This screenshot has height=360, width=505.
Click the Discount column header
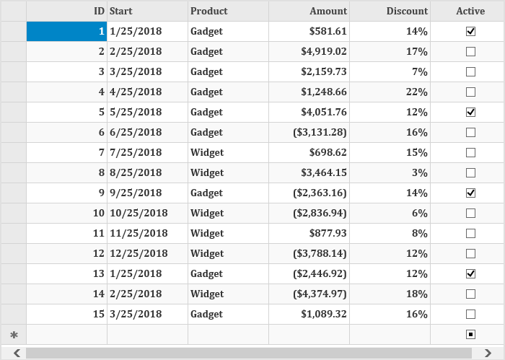pyautogui.click(x=407, y=11)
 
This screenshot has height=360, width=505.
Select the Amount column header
pyautogui.click(x=328, y=11)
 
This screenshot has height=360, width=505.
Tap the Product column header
pyautogui.click(x=209, y=11)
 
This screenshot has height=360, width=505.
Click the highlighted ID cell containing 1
pyautogui.click(x=66, y=31)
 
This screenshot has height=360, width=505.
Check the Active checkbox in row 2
pyautogui.click(x=470, y=51)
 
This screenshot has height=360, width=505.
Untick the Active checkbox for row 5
pyautogui.click(x=470, y=112)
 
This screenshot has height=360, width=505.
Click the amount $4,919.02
pyautogui.click(x=324, y=51)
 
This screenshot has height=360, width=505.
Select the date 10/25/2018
pyautogui.click(x=139, y=213)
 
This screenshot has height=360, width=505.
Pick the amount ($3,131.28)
pyautogui.click(x=320, y=132)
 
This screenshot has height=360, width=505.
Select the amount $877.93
pyautogui.click(x=328, y=234)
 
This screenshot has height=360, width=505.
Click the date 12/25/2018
pyautogui.click(x=139, y=253)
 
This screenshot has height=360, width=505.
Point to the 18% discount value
pyautogui.click(x=417, y=294)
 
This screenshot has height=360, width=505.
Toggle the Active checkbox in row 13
pyautogui.click(x=470, y=273)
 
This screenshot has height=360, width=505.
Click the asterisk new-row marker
pyautogui.click(x=14, y=335)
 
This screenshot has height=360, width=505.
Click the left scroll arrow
pyautogui.click(x=17, y=354)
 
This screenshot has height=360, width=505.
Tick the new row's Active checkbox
pyautogui.click(x=470, y=335)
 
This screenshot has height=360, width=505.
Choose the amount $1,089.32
pyautogui.click(x=324, y=315)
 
